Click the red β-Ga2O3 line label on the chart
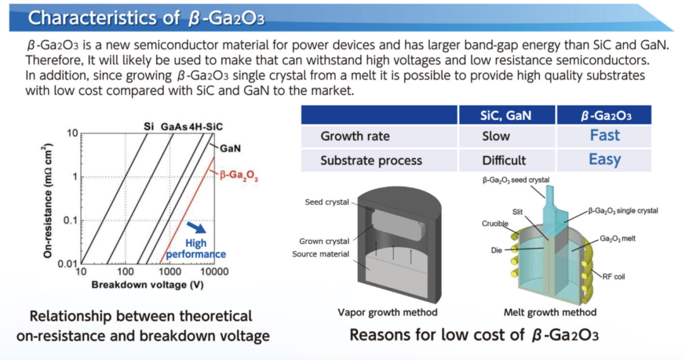(x=239, y=176)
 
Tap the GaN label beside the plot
(x=230, y=148)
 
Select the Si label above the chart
(x=149, y=126)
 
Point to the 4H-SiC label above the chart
(x=206, y=127)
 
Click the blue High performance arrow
(x=196, y=227)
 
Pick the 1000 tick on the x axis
(x=169, y=272)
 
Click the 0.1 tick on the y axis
(x=71, y=220)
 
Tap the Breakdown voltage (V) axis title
(x=147, y=285)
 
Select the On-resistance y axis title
(x=47, y=201)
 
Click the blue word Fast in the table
(x=604, y=136)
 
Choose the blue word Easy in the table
(x=604, y=160)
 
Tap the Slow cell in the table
(x=496, y=136)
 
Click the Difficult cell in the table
(x=504, y=160)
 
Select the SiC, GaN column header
(x=505, y=116)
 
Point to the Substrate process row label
(x=371, y=160)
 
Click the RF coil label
(x=613, y=277)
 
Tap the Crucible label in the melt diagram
(x=495, y=224)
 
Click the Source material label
(x=321, y=254)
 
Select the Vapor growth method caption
(x=388, y=312)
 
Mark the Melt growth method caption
(x=550, y=312)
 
